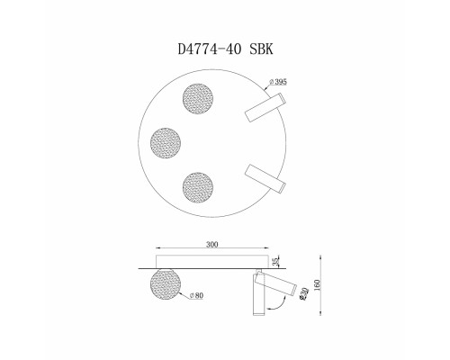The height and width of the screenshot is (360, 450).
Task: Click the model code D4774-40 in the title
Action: click(210, 49)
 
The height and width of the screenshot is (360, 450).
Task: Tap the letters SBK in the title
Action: click(262, 49)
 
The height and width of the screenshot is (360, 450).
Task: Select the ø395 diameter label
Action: click(278, 81)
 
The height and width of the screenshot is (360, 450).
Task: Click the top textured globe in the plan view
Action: click(198, 99)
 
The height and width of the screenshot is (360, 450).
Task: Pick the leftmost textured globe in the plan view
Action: click(166, 143)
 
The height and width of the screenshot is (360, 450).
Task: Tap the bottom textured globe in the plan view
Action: click(198, 187)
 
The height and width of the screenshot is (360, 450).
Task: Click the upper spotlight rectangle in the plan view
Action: click(265, 107)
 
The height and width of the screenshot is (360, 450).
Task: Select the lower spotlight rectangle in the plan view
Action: click(265, 179)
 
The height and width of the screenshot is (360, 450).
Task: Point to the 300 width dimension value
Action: click(212, 244)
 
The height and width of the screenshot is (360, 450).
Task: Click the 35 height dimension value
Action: click(276, 262)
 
